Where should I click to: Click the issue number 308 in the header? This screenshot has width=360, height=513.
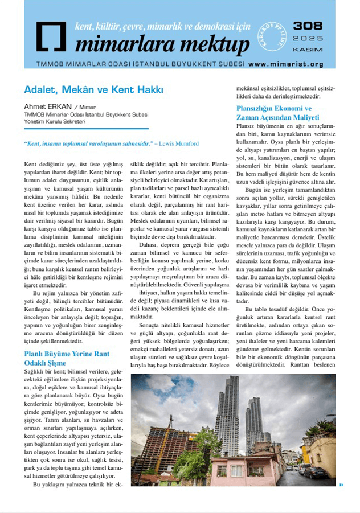[308, 26]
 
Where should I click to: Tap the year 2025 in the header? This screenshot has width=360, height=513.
[308, 39]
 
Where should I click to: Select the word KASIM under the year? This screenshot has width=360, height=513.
[308, 50]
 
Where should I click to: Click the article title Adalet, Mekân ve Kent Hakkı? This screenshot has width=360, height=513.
[94, 90]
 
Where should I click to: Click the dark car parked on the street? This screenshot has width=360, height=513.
[313, 472]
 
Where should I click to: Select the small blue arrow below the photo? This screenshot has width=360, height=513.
[341, 485]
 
